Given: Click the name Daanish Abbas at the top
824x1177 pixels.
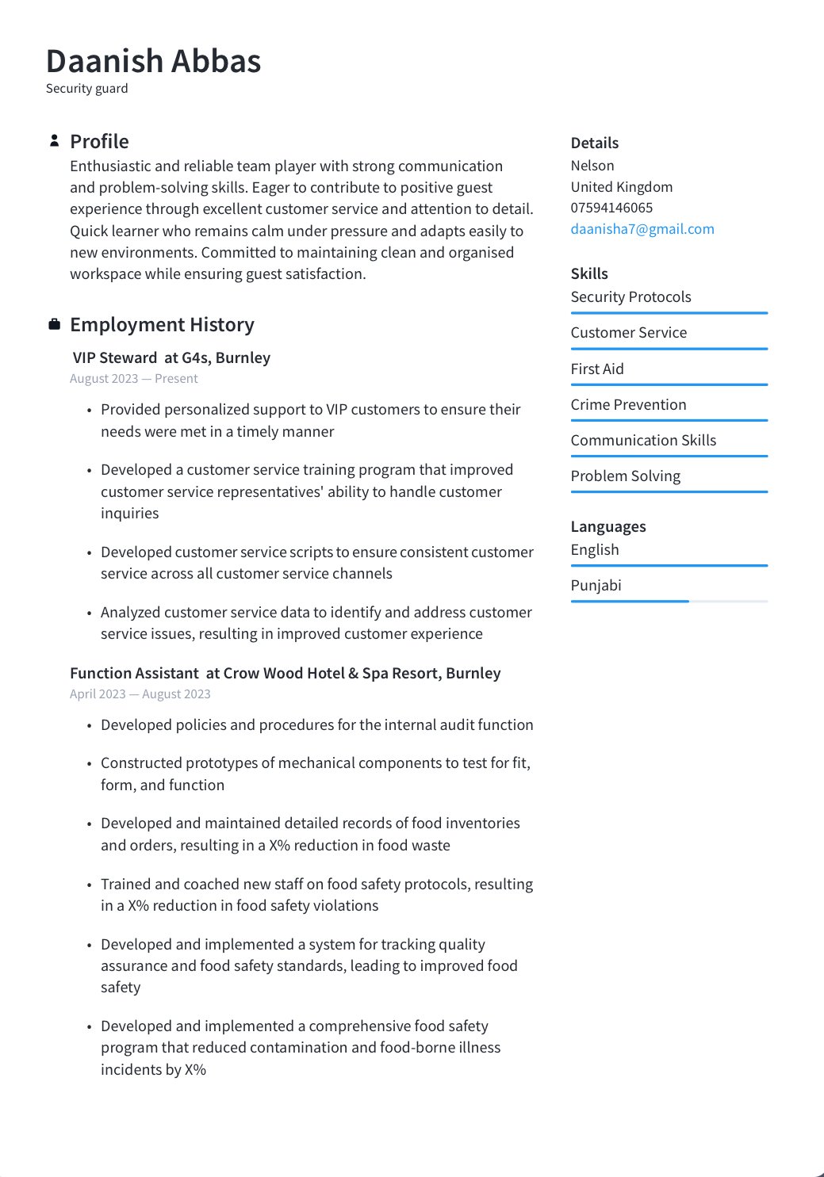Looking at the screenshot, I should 153,62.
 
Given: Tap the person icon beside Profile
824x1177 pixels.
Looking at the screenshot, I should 54,141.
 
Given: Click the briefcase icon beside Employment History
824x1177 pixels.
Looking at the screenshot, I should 54,324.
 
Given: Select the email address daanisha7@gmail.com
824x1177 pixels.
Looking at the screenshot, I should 642,229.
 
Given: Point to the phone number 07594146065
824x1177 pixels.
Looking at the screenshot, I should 611,208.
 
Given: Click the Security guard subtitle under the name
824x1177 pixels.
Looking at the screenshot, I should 86,89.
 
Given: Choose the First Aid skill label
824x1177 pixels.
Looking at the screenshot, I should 597,369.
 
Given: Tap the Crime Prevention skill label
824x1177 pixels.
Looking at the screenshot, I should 628,404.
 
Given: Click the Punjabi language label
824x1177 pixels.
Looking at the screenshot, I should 596,585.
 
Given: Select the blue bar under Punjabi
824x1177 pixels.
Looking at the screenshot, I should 630,602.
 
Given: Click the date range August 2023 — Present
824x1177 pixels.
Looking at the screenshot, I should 133,379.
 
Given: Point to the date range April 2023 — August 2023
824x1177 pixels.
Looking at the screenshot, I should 140,694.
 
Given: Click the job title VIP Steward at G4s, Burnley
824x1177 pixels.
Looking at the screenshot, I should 171,357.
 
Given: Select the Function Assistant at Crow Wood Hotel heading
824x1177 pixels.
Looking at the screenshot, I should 285,673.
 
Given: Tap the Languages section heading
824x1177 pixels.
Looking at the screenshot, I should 607,526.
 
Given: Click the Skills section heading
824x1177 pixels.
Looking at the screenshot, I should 589,273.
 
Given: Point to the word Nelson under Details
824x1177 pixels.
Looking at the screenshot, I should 592,166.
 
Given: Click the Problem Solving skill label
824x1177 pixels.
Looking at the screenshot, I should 625,476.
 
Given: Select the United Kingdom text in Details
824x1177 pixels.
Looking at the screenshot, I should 621,187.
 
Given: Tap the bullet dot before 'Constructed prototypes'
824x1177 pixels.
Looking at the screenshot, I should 90,764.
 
